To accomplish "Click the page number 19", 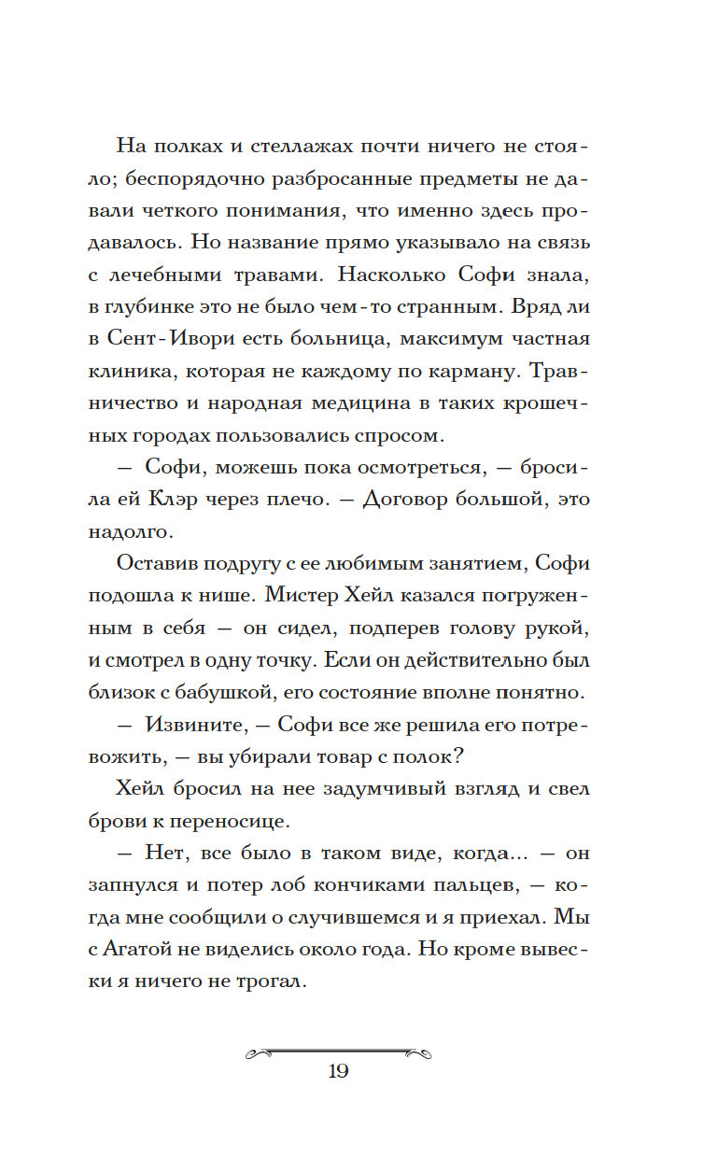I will pyautogui.click(x=338, y=1071).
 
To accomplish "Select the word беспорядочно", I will pyautogui.click(x=225, y=181).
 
